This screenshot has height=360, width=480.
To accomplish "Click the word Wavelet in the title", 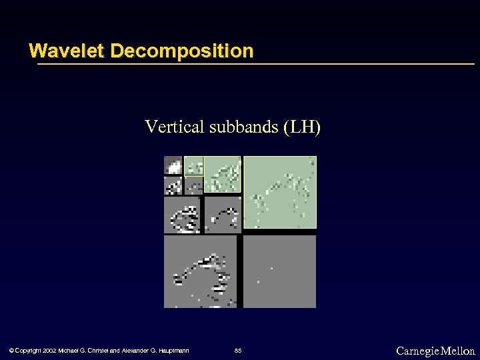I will pos(67,51).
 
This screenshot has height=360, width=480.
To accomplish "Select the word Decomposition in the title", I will pos(181,51).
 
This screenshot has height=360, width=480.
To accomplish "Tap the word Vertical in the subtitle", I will pos(175,126).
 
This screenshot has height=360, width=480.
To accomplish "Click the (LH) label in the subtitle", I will pos(301,126).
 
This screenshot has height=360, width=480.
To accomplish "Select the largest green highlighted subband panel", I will pos(279,192).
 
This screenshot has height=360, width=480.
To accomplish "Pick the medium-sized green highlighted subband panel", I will pos(222,175).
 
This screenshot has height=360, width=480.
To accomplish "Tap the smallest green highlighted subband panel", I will pos(193,165).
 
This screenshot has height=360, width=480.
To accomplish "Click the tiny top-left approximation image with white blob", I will pos(173,165).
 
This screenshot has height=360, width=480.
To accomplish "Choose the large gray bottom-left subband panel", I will pos(200,271).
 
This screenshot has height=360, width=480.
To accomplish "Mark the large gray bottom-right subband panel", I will pos(279,271).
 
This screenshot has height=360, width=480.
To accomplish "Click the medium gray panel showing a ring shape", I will pos(183,215).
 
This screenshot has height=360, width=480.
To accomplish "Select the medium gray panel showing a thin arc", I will pos(222,215).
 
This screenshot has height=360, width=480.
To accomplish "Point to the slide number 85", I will pos(239,351).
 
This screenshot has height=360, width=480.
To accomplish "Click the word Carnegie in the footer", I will pos(417,351).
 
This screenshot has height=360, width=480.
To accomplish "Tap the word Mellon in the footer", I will pos(458,351).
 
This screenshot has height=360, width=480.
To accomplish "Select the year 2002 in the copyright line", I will pos(49,351).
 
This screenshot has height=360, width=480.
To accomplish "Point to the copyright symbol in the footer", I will pos(10,351).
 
